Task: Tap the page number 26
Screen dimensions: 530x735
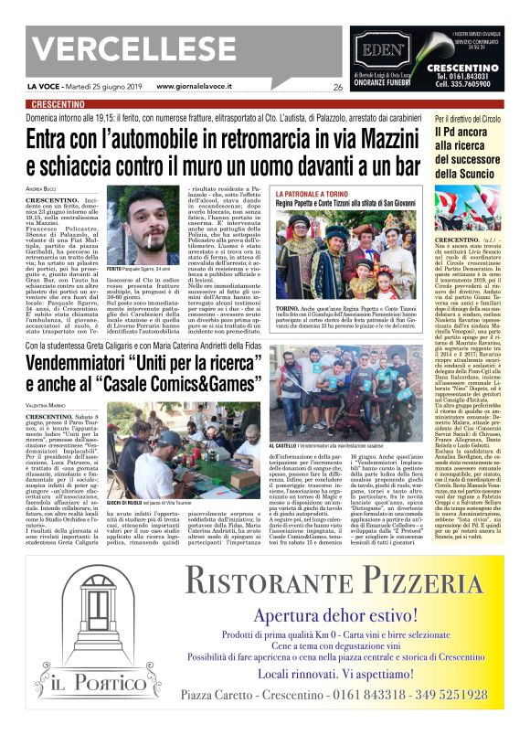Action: pos(338,87)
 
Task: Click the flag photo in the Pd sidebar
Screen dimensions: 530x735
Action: pos(479,208)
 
